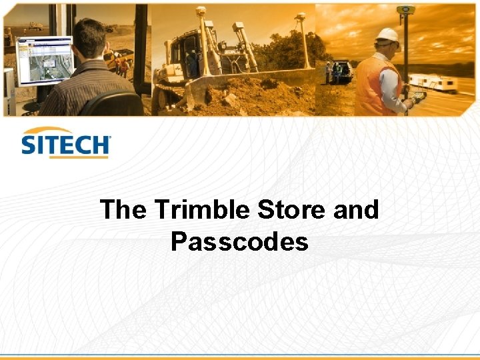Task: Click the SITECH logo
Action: [x=65, y=142]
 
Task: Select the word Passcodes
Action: [x=239, y=241]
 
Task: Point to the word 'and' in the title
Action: [x=355, y=210]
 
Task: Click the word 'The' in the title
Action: [x=124, y=210]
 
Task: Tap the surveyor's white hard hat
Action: [x=387, y=35]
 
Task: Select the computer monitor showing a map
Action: [x=45, y=60]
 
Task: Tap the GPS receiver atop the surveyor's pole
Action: [x=405, y=10]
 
